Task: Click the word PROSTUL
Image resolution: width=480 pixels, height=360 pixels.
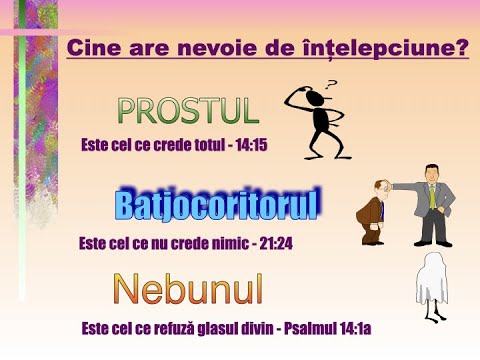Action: click(187, 111)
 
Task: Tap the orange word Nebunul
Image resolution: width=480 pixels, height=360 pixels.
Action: click(188, 289)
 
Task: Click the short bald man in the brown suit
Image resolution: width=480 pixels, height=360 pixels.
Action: click(374, 214)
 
